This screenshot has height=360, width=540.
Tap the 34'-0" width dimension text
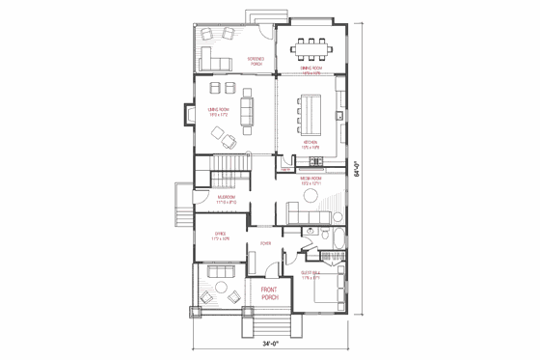pos(270,344)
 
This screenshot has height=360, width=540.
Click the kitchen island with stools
pos(310,110)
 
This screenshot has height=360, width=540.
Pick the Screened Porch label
pos(256,60)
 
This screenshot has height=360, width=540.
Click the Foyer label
pos(264,243)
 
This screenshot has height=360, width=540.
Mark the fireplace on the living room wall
pos(183,114)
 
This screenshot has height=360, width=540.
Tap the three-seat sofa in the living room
pos(245,110)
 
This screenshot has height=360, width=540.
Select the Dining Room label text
pos(310,69)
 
